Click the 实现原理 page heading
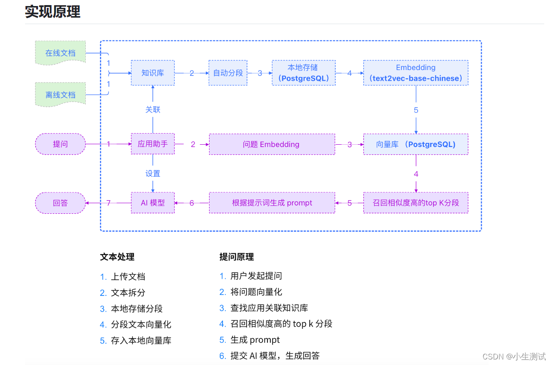[x=52, y=12]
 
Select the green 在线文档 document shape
[x=60, y=53]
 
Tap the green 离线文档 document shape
[x=60, y=95]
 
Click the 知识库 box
[x=153, y=73]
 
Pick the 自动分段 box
[x=228, y=73]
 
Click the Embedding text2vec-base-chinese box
[x=415, y=73]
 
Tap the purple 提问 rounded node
[x=60, y=144]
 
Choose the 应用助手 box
[x=153, y=144]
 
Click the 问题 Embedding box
[x=272, y=144]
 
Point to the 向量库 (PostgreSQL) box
[x=415, y=144]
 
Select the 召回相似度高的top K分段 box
[x=415, y=203]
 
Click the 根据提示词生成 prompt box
[x=272, y=203]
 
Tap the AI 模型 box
[x=153, y=203]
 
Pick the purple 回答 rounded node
[x=60, y=203]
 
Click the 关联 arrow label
[x=153, y=109]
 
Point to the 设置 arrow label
[x=153, y=173]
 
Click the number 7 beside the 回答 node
[x=108, y=203]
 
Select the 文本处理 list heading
[x=117, y=257]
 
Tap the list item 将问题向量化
[x=256, y=292]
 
